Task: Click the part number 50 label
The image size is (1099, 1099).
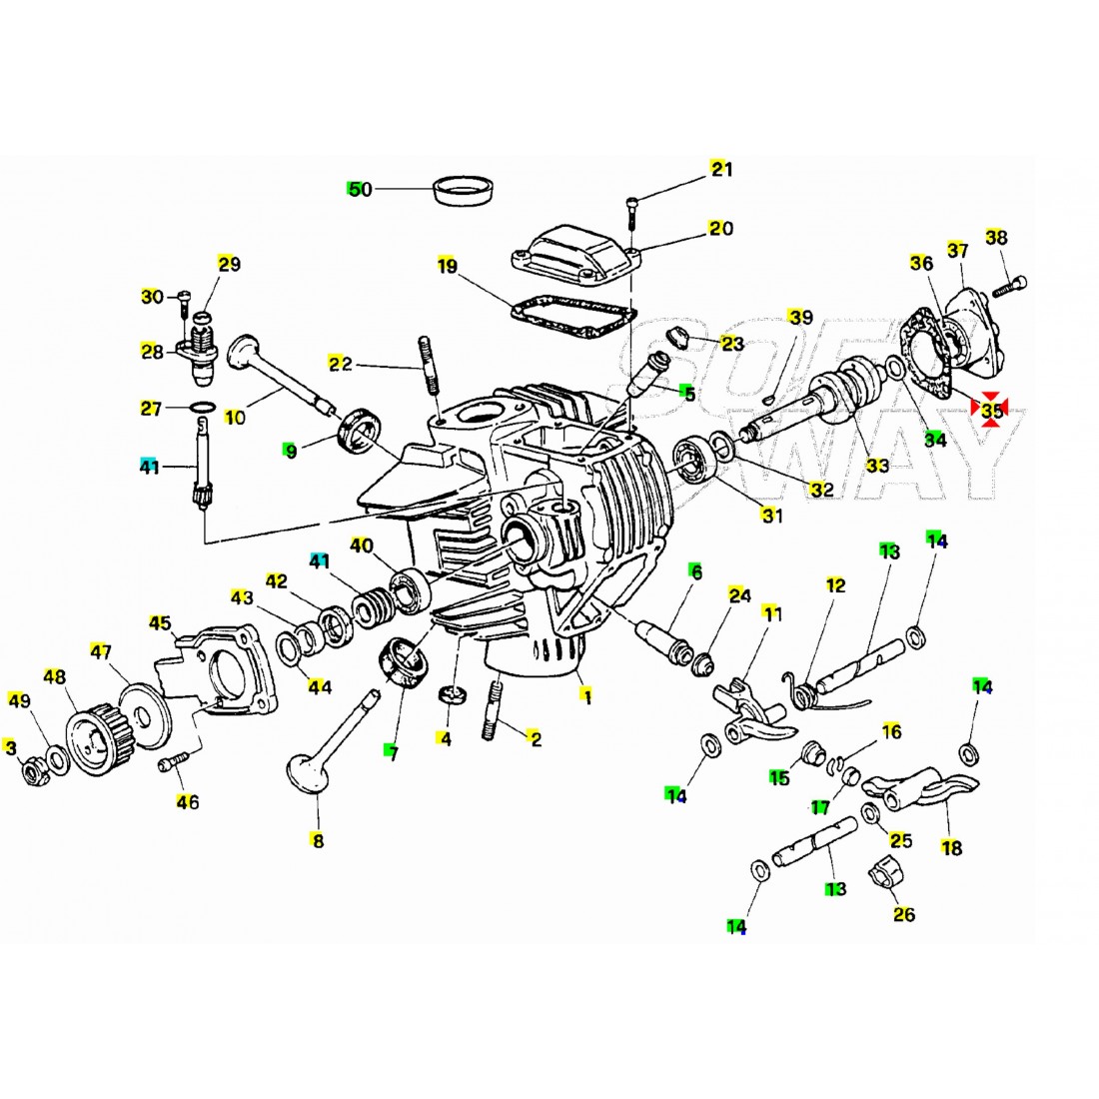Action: [360, 189]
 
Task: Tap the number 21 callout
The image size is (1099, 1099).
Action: [720, 169]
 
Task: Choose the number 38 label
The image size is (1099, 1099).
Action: [996, 238]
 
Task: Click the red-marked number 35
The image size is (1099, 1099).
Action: [991, 410]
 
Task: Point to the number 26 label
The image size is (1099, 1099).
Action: [903, 913]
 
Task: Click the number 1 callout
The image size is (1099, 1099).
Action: [587, 697]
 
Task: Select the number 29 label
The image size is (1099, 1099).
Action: [229, 265]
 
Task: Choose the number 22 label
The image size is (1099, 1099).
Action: [342, 365]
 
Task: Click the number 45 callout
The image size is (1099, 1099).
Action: [160, 623]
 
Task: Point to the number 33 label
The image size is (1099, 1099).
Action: [876, 466]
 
